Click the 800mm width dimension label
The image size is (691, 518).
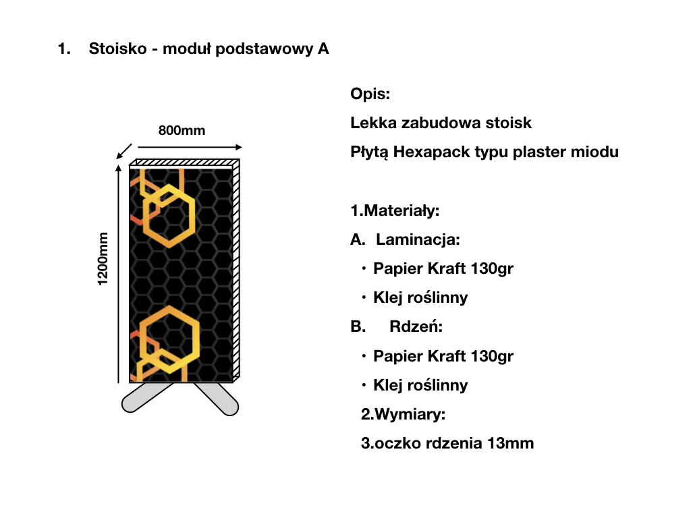[182, 130]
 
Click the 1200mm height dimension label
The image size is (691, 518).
[103, 258]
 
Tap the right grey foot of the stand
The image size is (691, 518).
[217, 398]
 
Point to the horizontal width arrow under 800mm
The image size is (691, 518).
[190, 146]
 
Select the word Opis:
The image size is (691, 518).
[370, 94]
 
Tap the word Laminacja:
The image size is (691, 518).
[418, 239]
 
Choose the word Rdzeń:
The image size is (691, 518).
[416, 327]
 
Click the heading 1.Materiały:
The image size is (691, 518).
[395, 210]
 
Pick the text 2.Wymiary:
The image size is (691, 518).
[403, 414]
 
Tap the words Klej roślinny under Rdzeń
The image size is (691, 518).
[420, 385]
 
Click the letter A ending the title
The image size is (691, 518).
[323, 49]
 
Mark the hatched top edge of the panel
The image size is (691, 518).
[184, 162]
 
